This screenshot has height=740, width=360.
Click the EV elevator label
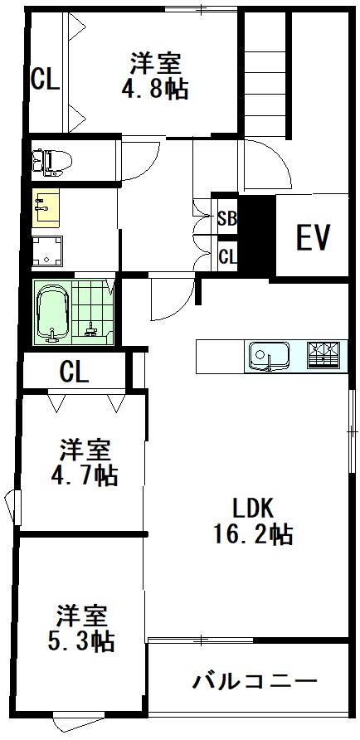click(x=314, y=237)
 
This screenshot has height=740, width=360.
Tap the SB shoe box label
click(x=226, y=219)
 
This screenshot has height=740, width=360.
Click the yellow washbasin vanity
click(x=46, y=209)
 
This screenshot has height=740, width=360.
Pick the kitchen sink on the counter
click(x=267, y=356)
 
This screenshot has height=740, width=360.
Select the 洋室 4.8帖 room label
click(x=158, y=75)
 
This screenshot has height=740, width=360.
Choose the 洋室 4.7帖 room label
click(x=85, y=463)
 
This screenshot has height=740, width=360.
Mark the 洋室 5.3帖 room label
click(x=84, y=628)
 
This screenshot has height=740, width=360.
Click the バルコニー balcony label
click(x=255, y=683)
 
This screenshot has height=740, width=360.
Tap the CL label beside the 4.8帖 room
click(x=45, y=80)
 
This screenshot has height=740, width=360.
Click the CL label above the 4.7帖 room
click(x=74, y=372)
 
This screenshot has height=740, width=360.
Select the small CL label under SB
click(x=226, y=256)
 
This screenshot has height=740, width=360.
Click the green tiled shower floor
click(x=93, y=314)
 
